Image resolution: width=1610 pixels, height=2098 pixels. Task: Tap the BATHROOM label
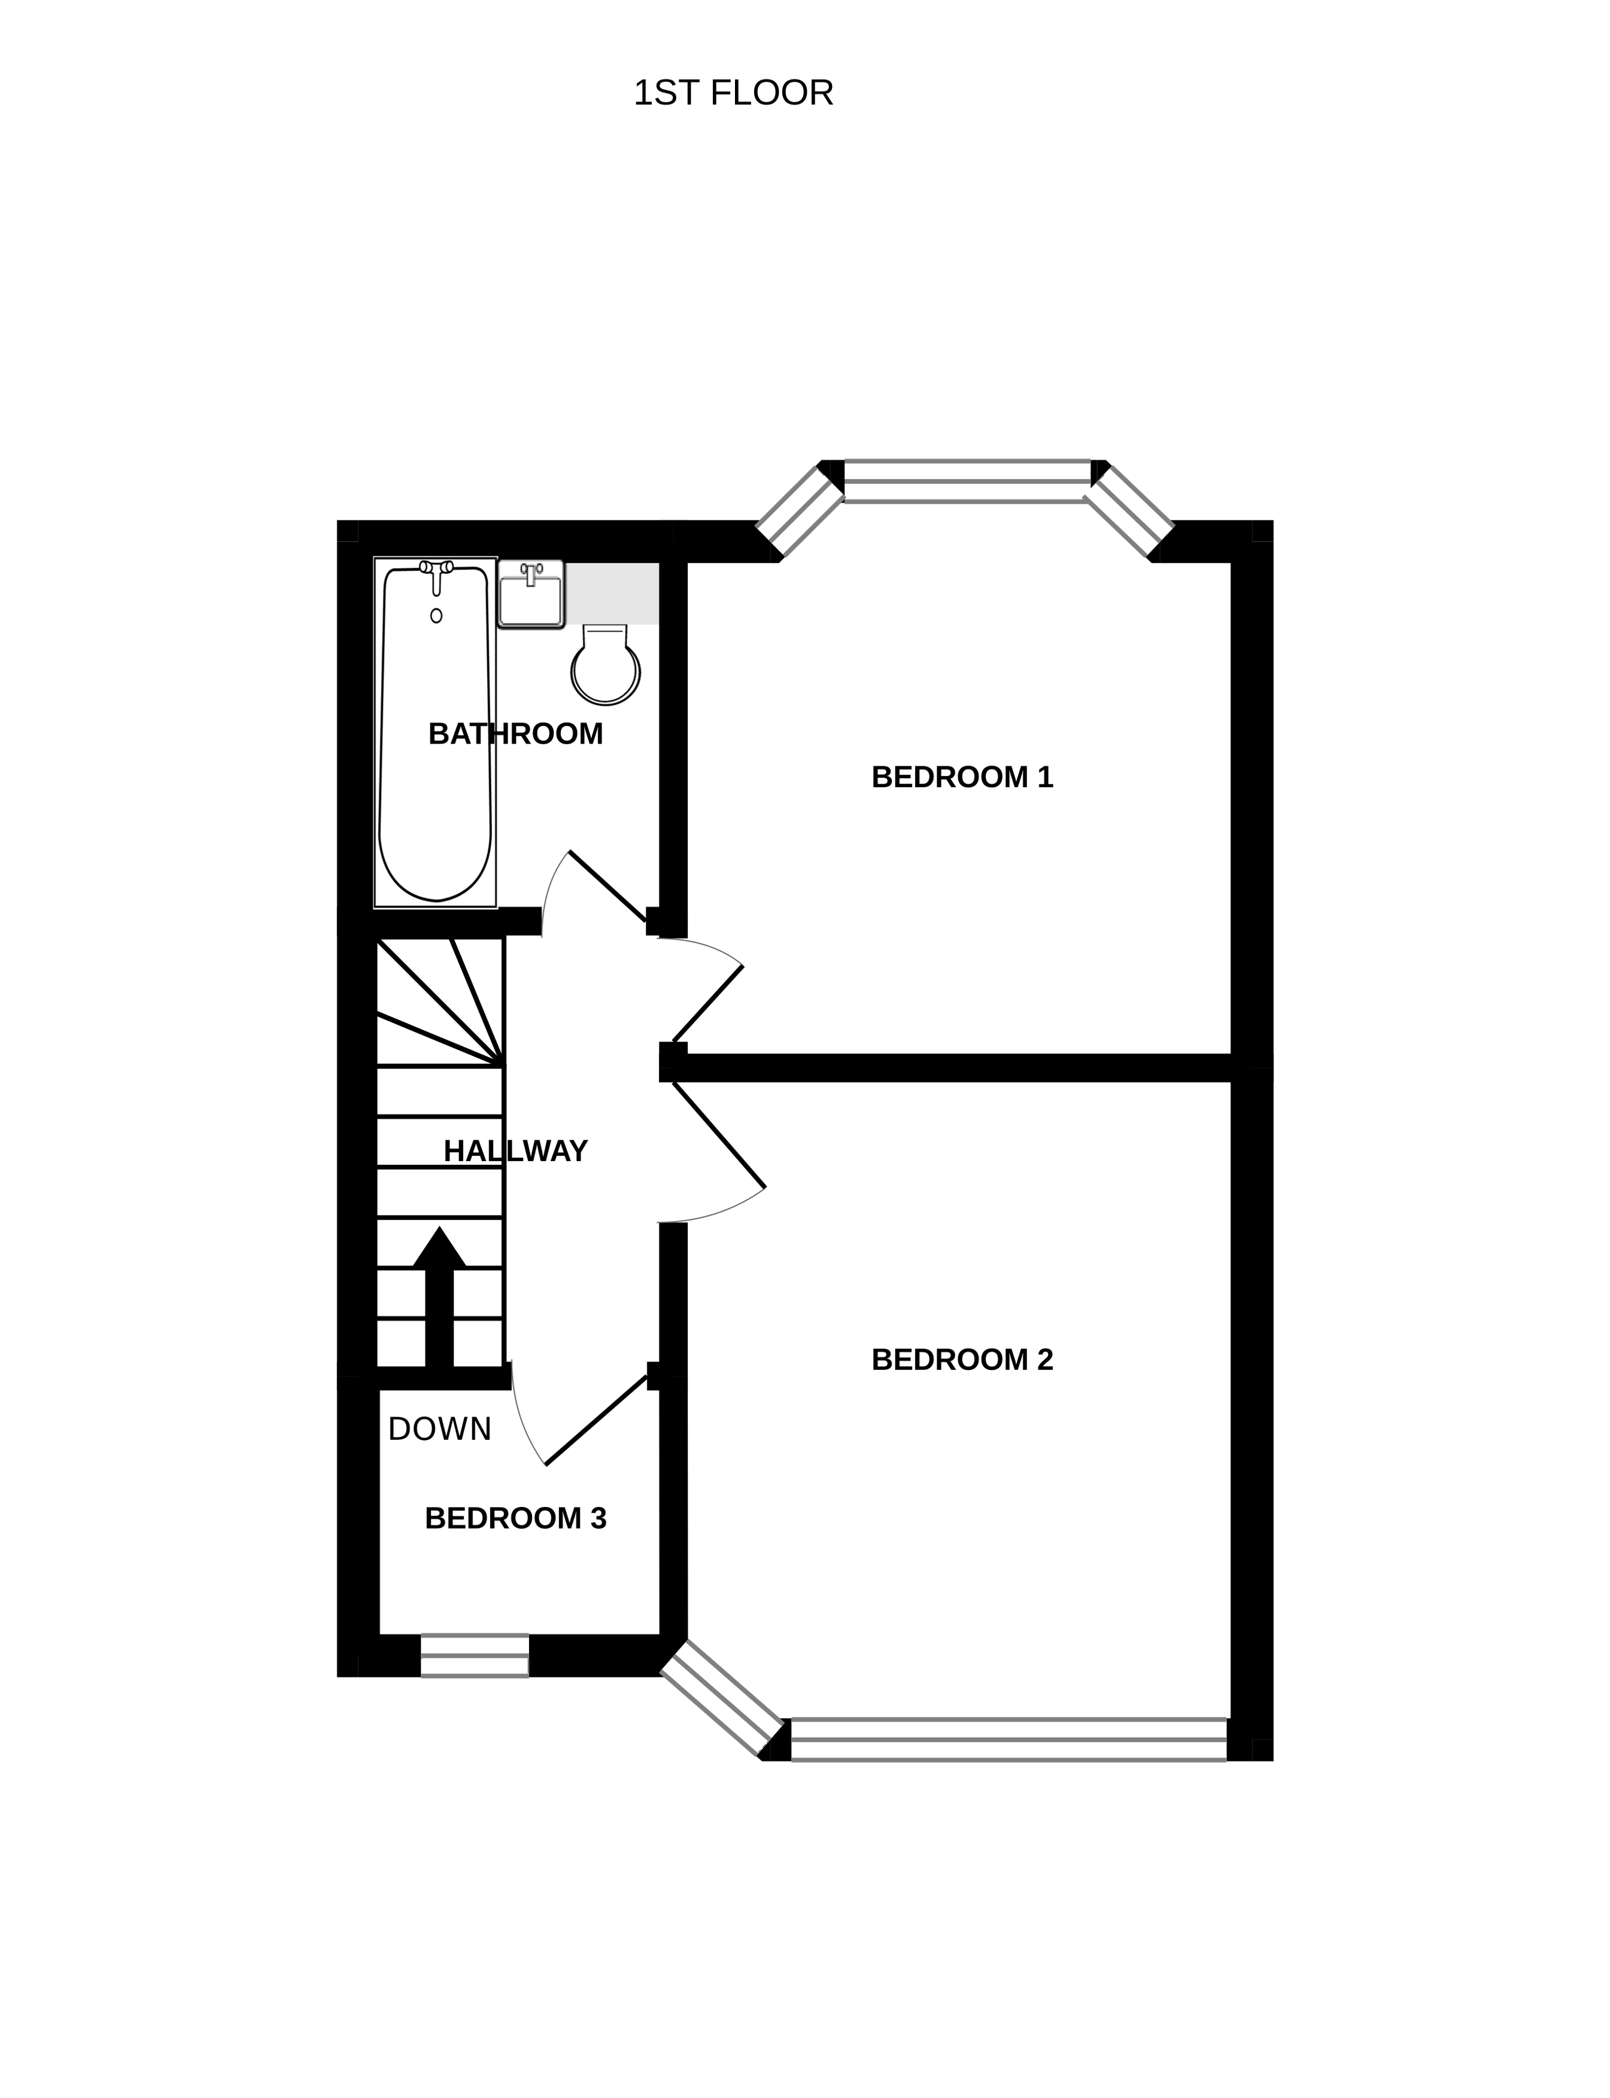515,734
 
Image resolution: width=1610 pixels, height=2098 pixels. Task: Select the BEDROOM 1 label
962,777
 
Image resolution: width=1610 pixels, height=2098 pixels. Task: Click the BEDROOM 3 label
515,1518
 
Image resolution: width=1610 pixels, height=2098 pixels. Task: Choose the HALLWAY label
515,1150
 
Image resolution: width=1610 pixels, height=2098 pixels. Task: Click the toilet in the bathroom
604,664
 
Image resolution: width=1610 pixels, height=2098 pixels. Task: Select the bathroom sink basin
531,595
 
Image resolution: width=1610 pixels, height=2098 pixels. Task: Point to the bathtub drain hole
436,616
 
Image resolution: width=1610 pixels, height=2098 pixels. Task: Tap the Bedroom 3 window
475,1655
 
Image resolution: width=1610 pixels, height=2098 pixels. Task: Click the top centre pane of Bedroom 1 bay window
967,481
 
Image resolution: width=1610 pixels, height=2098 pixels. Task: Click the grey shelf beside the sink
612,593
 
